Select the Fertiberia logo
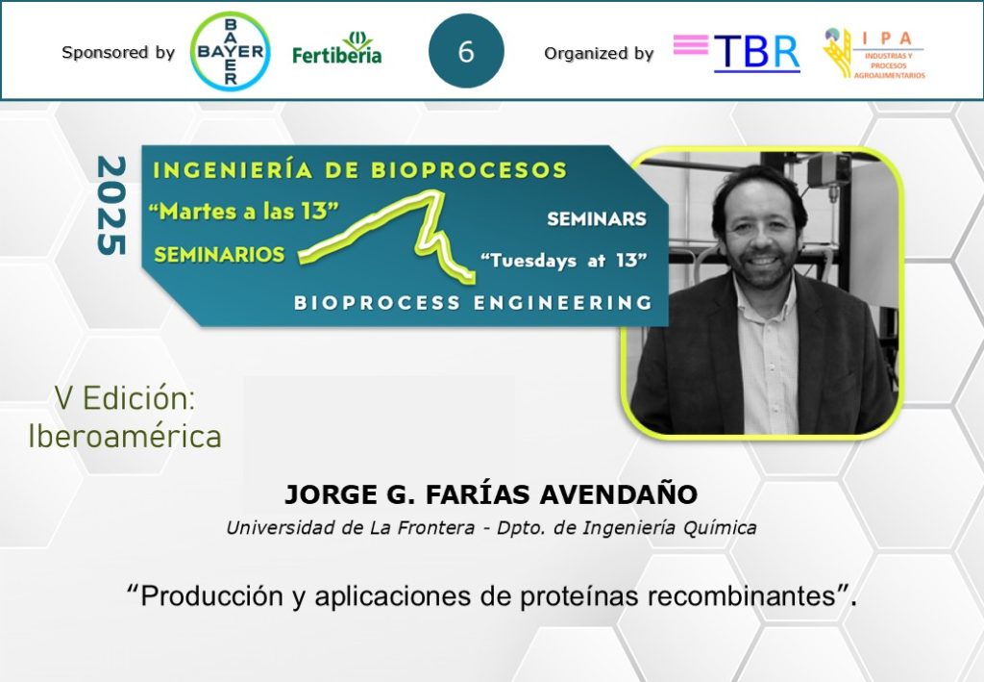coord(337,48)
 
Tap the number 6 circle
coord(466,51)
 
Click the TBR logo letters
coord(757,52)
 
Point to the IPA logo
coord(874,53)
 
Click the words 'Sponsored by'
coord(118,52)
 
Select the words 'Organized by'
coord(599,54)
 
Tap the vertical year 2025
coord(111,205)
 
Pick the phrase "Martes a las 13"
coord(243,211)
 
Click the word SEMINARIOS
coord(219,254)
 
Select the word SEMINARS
coord(596,218)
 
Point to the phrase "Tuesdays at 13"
coord(563,260)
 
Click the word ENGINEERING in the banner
coord(562,303)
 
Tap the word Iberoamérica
coord(125,437)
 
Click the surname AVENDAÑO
coord(619,494)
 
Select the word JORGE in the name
coord(331,494)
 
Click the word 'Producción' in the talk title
coord(205,595)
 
